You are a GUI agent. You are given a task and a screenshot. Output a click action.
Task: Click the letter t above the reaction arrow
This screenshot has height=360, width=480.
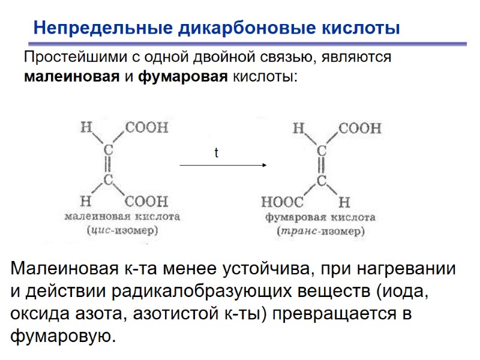[x=217, y=154]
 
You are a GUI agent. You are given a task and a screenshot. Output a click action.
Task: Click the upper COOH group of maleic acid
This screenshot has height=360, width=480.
[x=146, y=127]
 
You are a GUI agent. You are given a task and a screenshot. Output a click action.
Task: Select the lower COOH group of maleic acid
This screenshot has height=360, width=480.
[x=146, y=200]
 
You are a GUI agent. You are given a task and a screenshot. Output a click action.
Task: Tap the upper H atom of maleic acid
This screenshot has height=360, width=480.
[x=86, y=127]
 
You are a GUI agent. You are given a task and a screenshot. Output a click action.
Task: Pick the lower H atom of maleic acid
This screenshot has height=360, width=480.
[x=86, y=200]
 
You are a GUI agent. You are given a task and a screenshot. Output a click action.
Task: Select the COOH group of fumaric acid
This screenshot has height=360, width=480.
[x=360, y=128]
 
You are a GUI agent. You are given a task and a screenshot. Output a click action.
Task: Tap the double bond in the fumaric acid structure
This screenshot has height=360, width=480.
[x=322, y=164]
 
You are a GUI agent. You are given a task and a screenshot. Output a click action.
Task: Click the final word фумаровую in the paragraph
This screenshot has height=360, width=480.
[x=62, y=335]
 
